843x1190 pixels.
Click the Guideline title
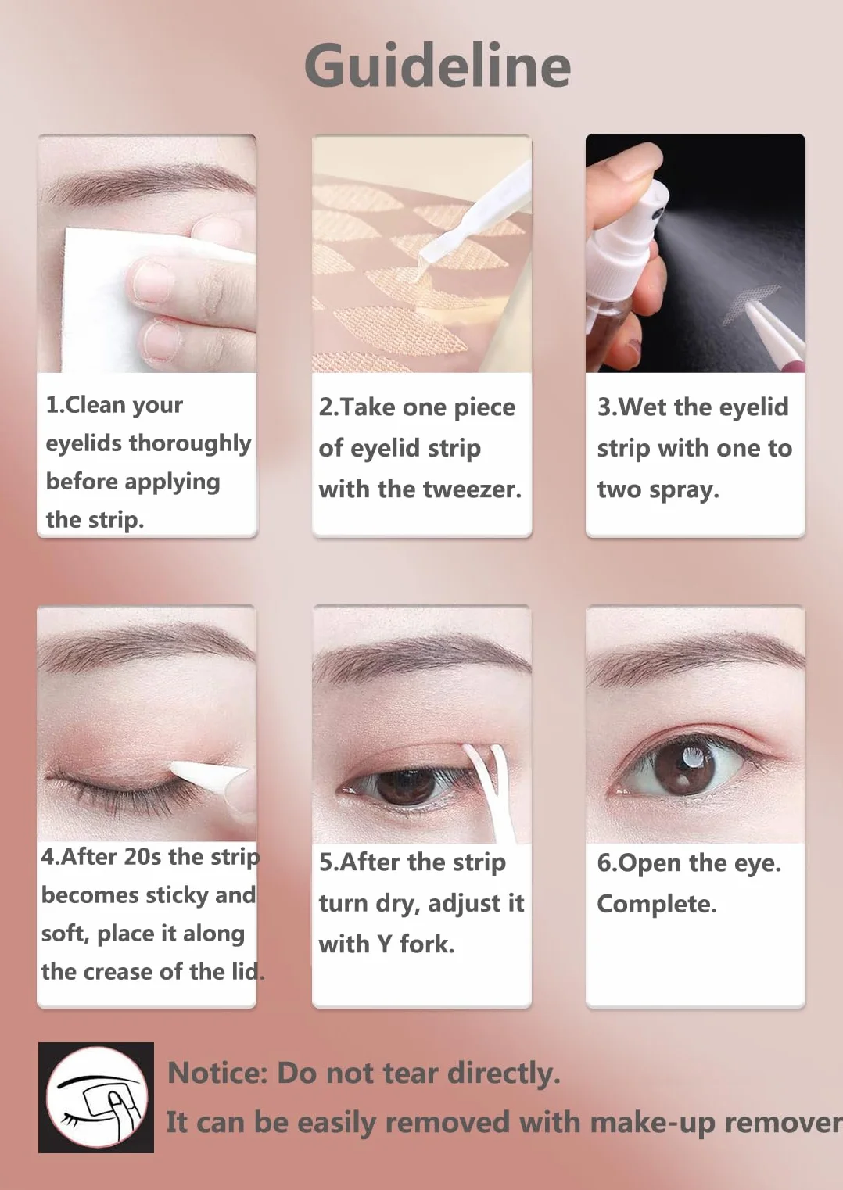click(438, 66)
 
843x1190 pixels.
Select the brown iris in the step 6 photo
click(685, 765)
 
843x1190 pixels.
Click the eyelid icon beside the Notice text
click(96, 1097)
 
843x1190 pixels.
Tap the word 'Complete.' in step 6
click(657, 904)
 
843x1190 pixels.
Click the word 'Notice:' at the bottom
click(218, 1073)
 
